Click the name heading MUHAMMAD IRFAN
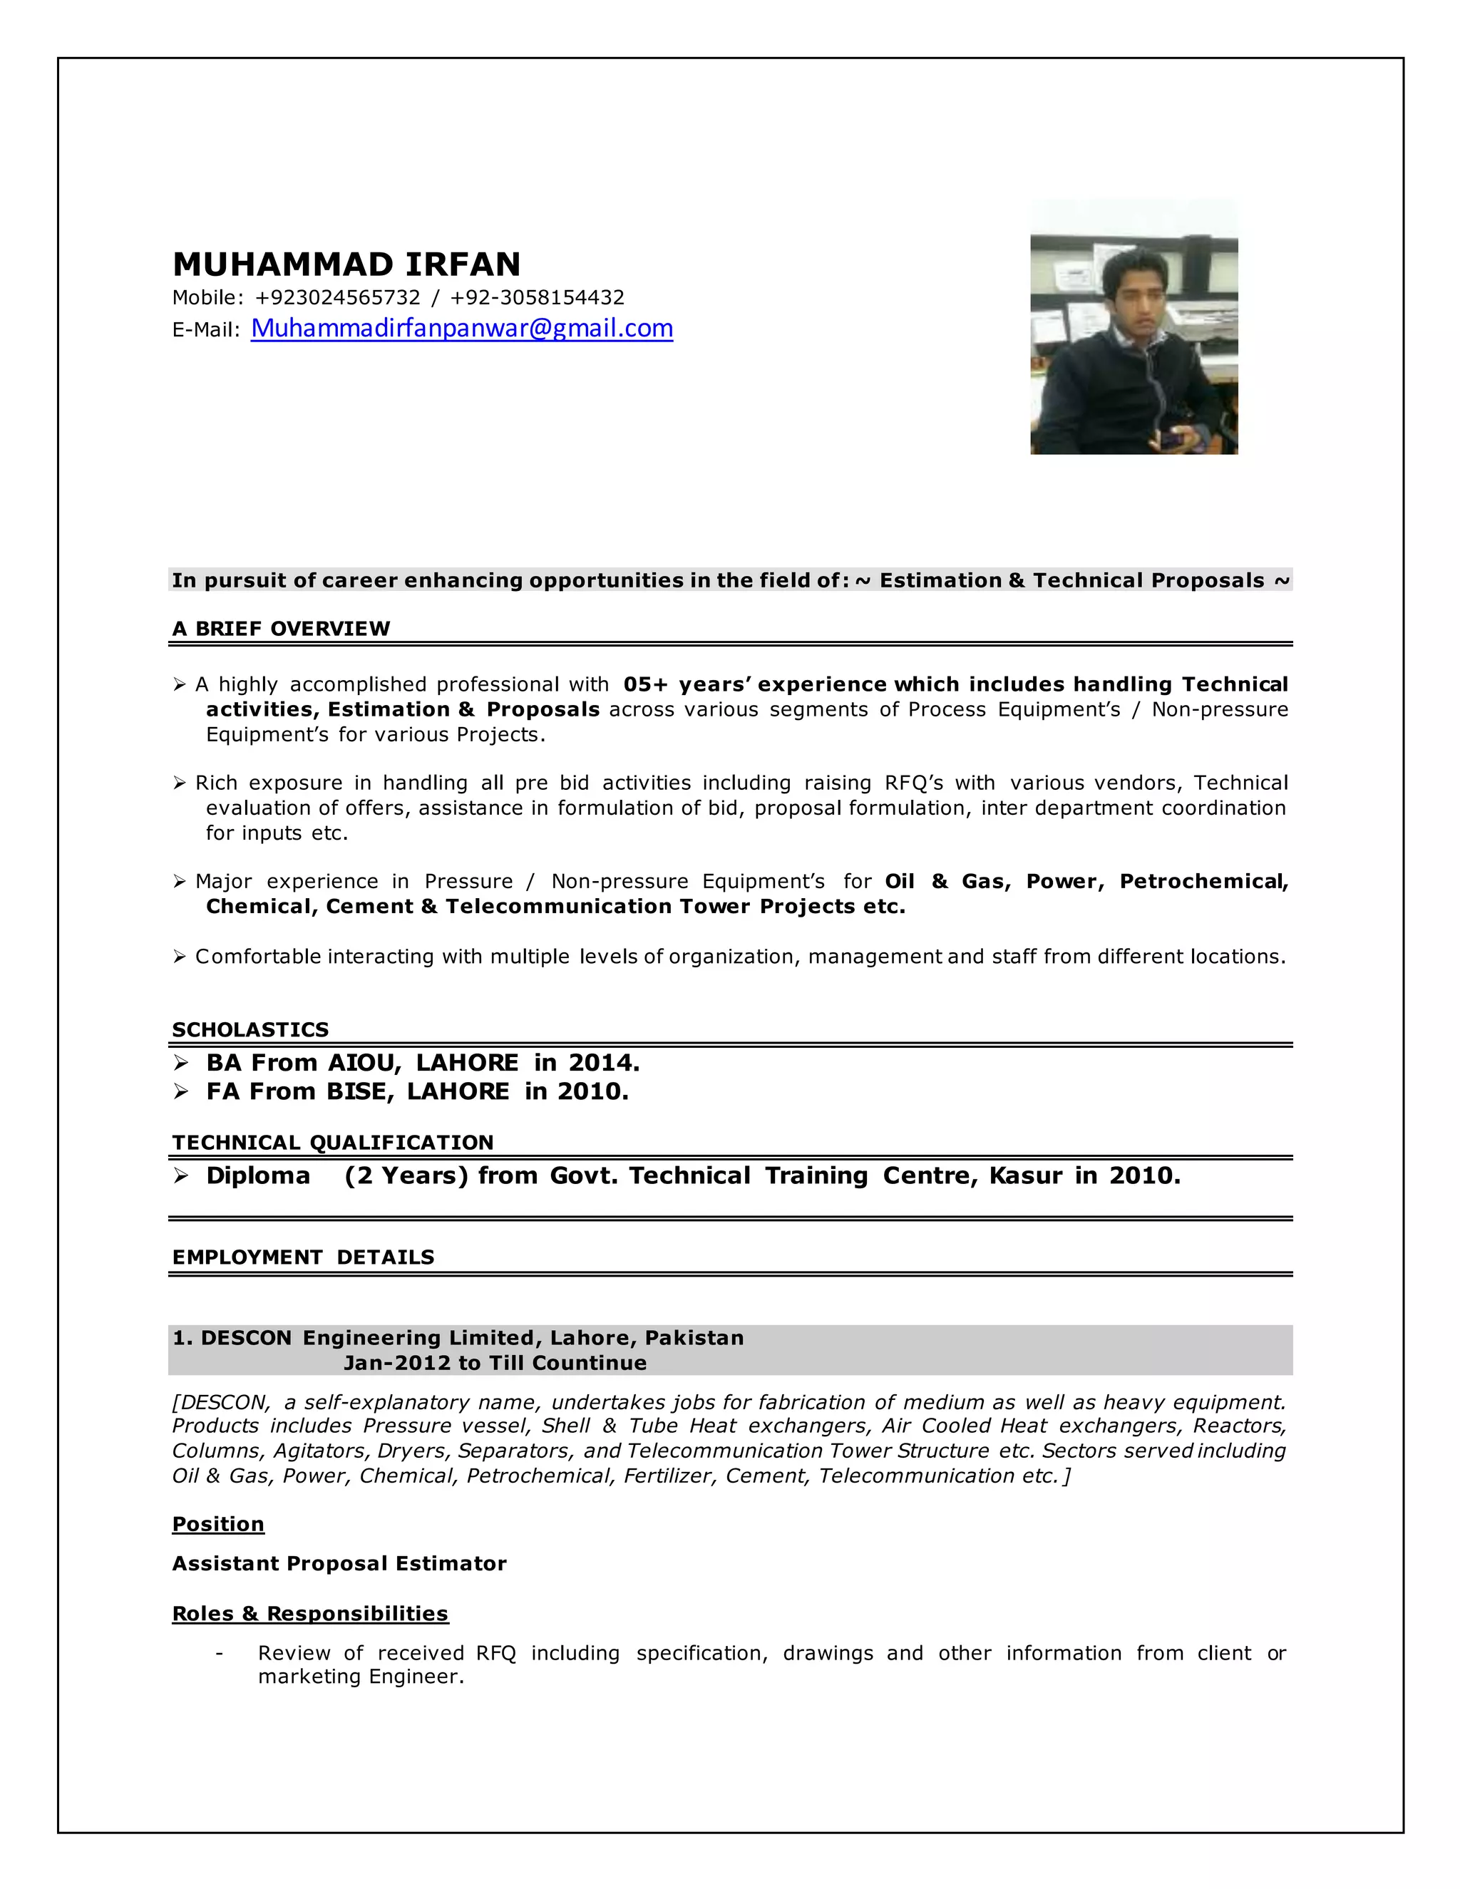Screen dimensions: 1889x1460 coord(346,264)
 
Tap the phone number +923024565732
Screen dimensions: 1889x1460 coord(337,297)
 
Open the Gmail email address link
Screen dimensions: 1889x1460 coord(462,329)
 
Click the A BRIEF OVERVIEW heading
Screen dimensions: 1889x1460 coord(280,629)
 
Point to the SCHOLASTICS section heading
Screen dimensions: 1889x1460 coord(250,1029)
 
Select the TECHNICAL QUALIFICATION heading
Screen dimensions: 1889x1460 coord(332,1143)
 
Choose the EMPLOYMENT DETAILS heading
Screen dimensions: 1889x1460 coord(303,1257)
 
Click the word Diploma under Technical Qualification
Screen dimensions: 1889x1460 coord(258,1175)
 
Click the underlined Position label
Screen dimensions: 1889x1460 coord(218,1524)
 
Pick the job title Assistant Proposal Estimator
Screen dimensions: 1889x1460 coord(339,1563)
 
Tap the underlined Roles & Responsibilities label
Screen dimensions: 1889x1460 coord(309,1613)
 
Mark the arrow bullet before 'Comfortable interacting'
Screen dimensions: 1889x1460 coord(179,957)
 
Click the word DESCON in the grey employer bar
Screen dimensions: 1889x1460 coord(246,1338)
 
